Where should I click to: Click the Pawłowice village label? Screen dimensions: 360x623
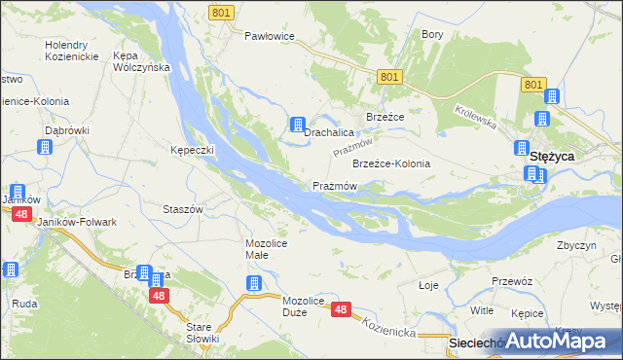click(269, 36)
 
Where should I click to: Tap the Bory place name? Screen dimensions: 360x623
click(432, 34)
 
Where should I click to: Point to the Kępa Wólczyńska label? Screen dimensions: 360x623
click(142, 61)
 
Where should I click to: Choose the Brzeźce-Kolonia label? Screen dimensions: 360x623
click(390, 163)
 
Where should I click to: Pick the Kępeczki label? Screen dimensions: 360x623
click(193, 151)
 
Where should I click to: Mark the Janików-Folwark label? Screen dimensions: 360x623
click(76, 222)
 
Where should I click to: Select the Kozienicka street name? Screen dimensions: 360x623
click(390, 332)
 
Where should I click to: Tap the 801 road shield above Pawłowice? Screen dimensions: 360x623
click(220, 12)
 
